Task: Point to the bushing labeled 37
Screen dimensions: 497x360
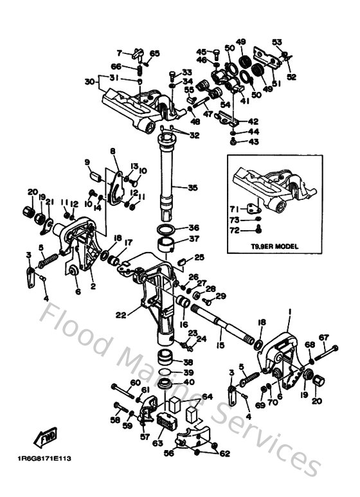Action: click(168, 245)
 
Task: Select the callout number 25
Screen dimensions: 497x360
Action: click(199, 257)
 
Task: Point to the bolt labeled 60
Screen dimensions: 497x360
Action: click(122, 388)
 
